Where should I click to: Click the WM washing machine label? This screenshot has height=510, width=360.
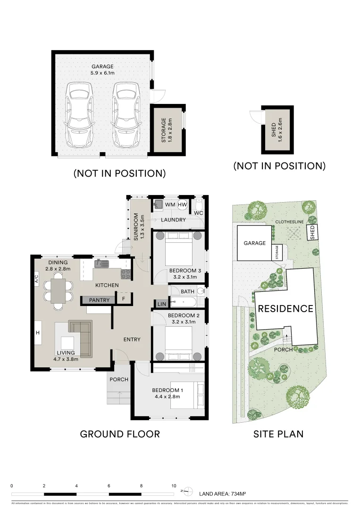click(x=170, y=204)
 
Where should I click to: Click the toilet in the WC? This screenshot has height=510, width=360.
click(x=200, y=205)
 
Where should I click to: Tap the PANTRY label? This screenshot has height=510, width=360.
click(x=100, y=300)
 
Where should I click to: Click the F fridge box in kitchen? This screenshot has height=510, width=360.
click(x=123, y=299)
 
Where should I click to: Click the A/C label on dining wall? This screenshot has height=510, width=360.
click(x=36, y=280)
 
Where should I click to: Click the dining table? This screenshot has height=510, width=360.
click(x=59, y=290)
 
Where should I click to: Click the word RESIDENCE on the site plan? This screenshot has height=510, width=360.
click(x=285, y=309)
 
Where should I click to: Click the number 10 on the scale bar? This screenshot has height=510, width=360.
click(x=174, y=486)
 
